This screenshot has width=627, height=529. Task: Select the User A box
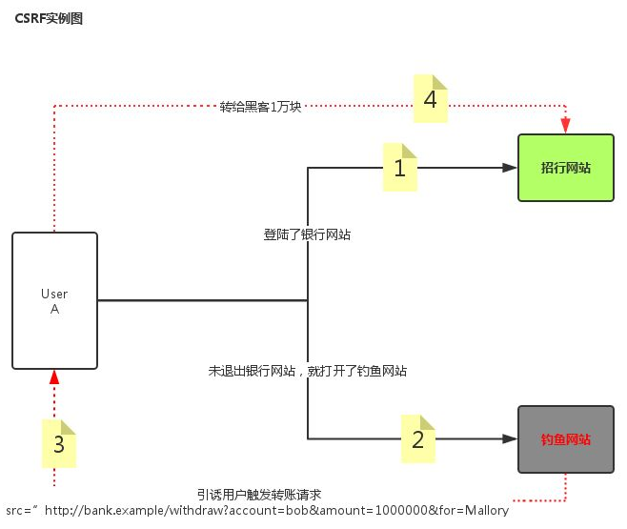point(54,300)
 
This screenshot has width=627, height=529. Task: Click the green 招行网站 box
point(565,168)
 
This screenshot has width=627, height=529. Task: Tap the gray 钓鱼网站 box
point(565,439)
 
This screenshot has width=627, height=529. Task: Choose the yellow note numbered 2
point(417,439)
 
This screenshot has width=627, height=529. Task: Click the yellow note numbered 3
point(59,444)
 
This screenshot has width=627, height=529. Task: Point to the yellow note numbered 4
point(431,99)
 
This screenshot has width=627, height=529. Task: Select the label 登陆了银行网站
point(307,234)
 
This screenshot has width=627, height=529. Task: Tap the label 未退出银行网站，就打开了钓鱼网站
point(308,371)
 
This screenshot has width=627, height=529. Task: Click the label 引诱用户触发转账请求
point(259,494)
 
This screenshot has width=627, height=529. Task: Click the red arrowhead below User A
point(54,377)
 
